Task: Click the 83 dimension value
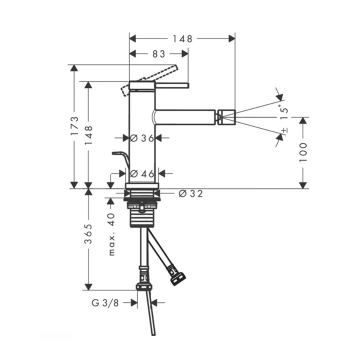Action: (158, 54)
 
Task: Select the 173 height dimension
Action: (74, 126)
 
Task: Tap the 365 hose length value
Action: (88, 233)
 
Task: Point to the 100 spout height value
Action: (303, 152)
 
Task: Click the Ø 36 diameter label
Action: (142, 138)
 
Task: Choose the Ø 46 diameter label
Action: (142, 174)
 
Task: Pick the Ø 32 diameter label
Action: (191, 194)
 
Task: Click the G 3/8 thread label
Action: (105, 303)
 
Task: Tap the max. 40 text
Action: (111, 234)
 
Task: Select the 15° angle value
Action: (284, 112)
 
